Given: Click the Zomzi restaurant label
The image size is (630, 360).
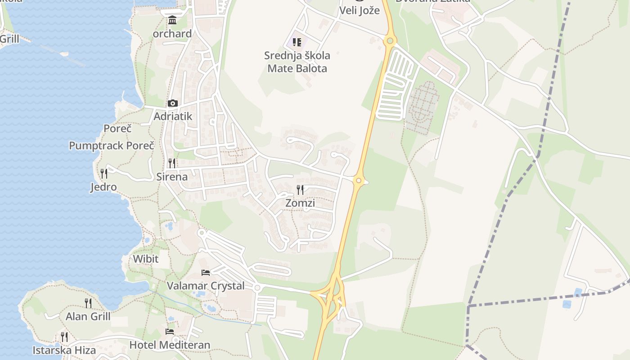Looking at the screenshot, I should [x=300, y=203].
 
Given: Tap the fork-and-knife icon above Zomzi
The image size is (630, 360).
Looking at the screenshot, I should [x=300, y=189].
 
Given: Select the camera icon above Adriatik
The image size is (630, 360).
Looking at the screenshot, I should [x=173, y=103].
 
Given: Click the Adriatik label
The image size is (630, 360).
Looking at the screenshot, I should [x=173, y=116].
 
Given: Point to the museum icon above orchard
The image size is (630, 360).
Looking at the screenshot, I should [x=172, y=20].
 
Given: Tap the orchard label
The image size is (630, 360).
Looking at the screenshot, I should [x=172, y=34].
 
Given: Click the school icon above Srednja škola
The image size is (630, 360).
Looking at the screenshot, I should [x=297, y=42].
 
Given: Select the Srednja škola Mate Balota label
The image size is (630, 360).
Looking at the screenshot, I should [x=297, y=62].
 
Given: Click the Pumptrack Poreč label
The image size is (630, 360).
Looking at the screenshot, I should [x=112, y=145].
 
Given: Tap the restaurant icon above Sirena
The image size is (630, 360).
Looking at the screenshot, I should [x=172, y=163].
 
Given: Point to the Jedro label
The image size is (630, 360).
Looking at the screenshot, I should [x=103, y=187].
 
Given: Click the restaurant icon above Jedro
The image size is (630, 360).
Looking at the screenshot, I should [x=103, y=173].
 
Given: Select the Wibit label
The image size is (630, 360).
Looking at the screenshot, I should [x=146, y=259].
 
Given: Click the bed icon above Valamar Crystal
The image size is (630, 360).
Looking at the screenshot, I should [x=206, y=272].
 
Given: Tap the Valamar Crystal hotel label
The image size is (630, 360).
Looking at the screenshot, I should [x=206, y=286].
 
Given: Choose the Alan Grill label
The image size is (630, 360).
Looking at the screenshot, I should [x=88, y=316].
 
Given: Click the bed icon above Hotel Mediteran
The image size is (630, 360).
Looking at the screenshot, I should [x=170, y=332].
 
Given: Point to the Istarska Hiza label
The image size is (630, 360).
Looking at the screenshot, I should [x=64, y=350].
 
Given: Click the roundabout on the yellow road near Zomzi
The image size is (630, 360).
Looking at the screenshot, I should [x=358, y=181].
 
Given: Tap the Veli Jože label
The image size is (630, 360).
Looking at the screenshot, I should [x=359, y=10].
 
